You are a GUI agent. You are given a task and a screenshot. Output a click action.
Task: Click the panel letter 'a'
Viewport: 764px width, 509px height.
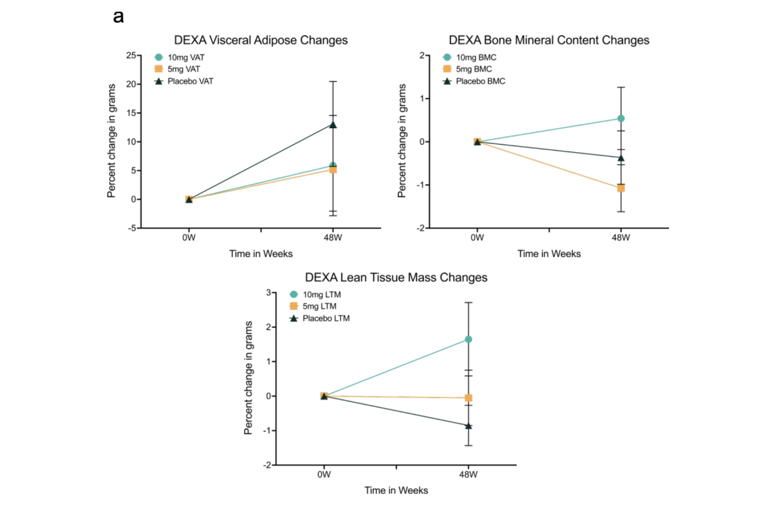click(118, 17)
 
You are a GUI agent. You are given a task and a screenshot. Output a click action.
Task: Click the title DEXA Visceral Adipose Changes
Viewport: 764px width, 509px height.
click(261, 40)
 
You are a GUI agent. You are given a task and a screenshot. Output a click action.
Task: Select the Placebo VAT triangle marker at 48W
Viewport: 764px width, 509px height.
click(333, 125)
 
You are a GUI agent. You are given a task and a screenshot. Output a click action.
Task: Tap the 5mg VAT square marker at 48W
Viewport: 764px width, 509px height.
click(333, 170)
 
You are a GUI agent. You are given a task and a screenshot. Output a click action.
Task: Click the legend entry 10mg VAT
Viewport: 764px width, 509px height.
click(186, 57)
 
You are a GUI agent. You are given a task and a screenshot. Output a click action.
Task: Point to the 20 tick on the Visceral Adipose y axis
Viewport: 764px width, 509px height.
click(131, 84)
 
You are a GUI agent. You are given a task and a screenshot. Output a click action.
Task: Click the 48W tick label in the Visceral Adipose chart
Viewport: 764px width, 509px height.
click(333, 238)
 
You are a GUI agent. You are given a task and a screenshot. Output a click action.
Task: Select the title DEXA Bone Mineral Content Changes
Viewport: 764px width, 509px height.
click(549, 40)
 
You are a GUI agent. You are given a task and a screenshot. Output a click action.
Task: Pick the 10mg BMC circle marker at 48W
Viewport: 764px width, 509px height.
click(621, 118)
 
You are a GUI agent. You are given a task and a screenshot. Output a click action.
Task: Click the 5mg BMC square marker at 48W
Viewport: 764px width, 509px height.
click(621, 188)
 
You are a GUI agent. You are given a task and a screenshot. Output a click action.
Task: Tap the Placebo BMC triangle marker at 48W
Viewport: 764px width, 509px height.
click(621, 158)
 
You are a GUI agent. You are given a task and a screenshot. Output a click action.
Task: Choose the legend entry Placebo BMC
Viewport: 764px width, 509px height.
click(480, 81)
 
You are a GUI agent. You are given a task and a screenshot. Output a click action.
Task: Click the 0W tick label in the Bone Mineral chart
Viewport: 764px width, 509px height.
click(477, 238)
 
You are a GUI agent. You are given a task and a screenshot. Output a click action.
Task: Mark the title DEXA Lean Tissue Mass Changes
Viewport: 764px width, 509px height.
click(396, 277)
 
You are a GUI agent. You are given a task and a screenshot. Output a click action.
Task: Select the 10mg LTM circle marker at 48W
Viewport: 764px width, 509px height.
click(468, 339)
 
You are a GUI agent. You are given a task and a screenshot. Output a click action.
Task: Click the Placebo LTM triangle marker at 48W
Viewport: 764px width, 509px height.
click(468, 426)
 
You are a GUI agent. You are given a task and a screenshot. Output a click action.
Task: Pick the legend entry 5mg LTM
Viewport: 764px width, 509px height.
click(319, 306)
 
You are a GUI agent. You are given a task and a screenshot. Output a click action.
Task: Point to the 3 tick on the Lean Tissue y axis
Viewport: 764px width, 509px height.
click(268, 292)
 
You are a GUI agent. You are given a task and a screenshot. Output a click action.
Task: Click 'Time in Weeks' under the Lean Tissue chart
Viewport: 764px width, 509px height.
click(396, 490)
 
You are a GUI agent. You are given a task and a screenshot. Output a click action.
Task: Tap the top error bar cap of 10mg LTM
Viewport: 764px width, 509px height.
click(468, 303)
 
